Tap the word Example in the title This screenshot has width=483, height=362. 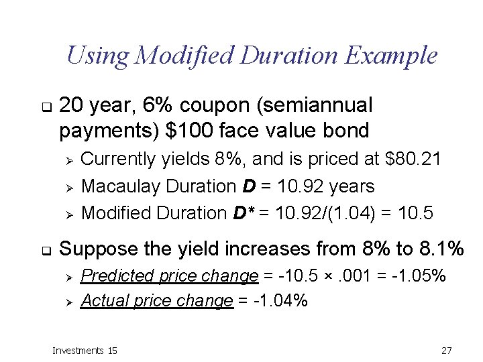(x=391, y=55)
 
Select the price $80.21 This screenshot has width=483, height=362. (x=415, y=159)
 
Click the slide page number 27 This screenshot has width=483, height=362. (x=447, y=350)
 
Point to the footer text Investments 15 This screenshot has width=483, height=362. (x=85, y=350)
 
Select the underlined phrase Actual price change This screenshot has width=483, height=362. (x=156, y=301)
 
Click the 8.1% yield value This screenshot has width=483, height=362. (x=439, y=249)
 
